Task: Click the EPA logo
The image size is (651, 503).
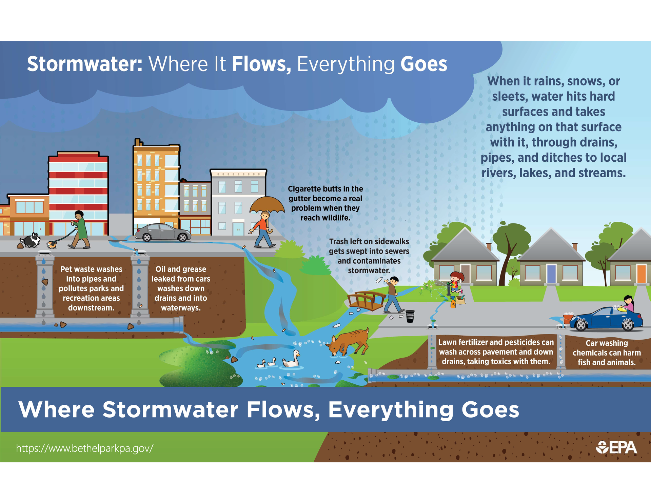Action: click(616, 447)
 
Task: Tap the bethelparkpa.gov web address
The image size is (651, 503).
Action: click(85, 448)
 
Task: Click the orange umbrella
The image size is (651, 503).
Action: click(267, 205)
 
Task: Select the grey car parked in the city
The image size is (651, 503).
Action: click(163, 233)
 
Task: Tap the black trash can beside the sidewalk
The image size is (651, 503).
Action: click(410, 316)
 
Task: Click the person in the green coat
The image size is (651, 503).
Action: click(79, 230)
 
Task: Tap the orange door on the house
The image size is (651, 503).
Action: click(641, 274)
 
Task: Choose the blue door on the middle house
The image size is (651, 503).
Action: click(552, 274)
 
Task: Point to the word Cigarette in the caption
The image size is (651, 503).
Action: click(305, 189)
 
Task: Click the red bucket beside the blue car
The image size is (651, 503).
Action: click(568, 319)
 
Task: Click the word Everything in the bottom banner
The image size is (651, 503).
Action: click(390, 410)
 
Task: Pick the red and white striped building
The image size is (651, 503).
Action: click(78, 193)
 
